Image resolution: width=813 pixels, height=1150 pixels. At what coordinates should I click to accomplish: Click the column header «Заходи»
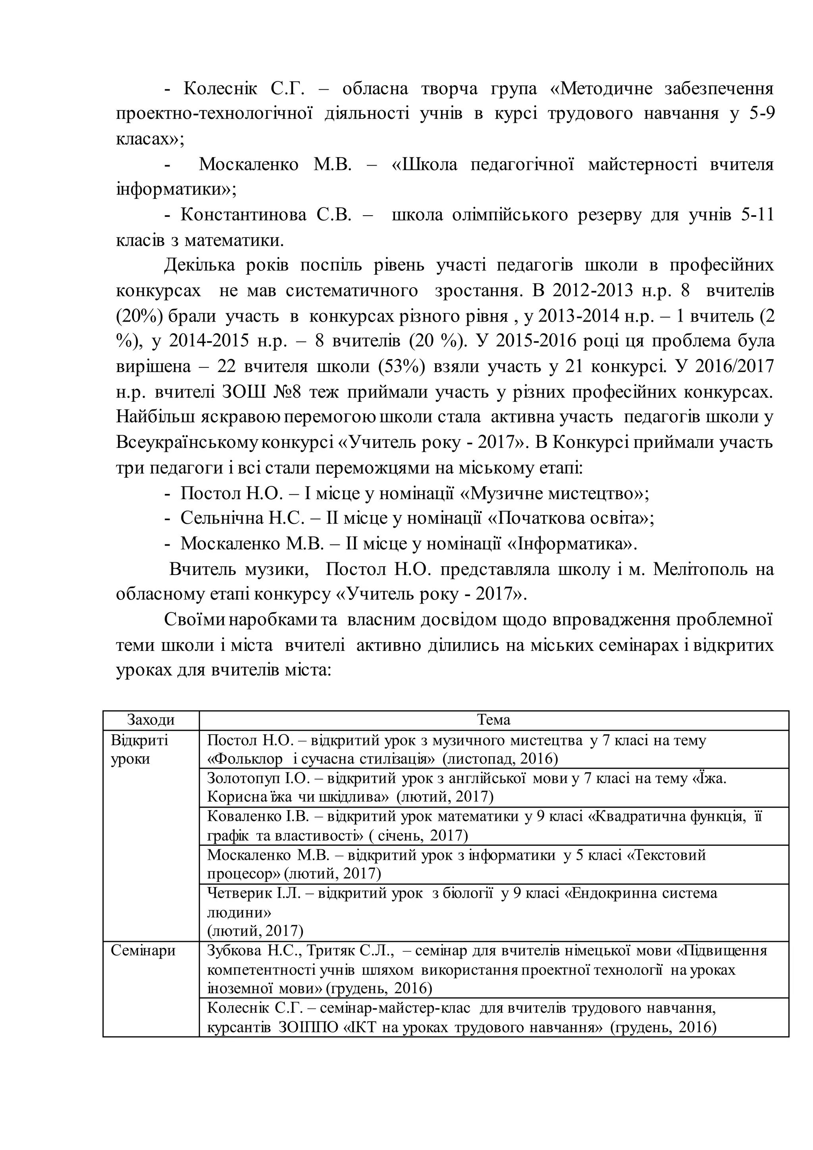point(151,720)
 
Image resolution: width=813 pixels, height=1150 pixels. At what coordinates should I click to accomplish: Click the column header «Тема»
point(493,720)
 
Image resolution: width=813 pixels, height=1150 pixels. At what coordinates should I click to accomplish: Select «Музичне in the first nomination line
point(501,493)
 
